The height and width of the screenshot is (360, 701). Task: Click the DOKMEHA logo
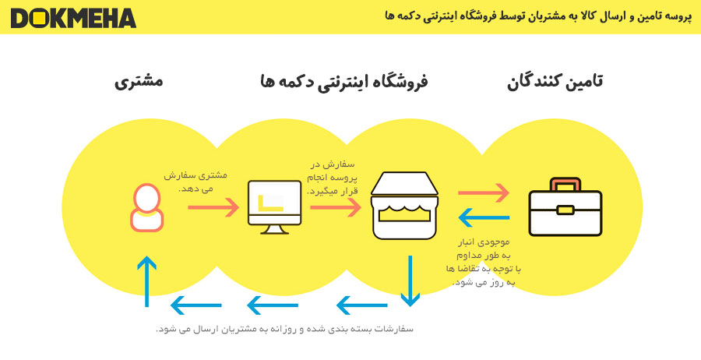[73, 19]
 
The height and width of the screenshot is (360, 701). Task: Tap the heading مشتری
[139, 82]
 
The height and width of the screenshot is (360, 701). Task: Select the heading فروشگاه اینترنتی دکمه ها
[343, 83]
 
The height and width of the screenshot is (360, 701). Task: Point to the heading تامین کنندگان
[555, 83]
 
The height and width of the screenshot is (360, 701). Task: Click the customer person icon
[146, 207]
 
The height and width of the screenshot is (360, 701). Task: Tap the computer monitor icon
[274, 207]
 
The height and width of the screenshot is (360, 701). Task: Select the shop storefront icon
[404, 205]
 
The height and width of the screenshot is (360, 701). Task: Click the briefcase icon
[565, 206]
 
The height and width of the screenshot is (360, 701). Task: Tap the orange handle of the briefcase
[565, 184]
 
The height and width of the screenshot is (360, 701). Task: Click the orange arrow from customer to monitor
[213, 207]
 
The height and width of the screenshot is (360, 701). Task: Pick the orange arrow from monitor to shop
[335, 207]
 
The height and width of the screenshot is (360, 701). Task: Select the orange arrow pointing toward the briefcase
[484, 192]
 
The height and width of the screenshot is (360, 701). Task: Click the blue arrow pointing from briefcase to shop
[484, 217]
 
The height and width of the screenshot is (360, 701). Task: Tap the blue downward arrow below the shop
[410, 281]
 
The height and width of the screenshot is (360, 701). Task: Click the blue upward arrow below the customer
[146, 282]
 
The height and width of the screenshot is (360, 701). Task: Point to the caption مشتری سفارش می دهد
[196, 182]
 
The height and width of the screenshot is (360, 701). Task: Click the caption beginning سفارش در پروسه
[333, 177]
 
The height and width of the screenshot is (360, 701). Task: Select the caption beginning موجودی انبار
[484, 262]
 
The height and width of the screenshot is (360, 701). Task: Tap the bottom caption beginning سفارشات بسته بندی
[284, 329]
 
